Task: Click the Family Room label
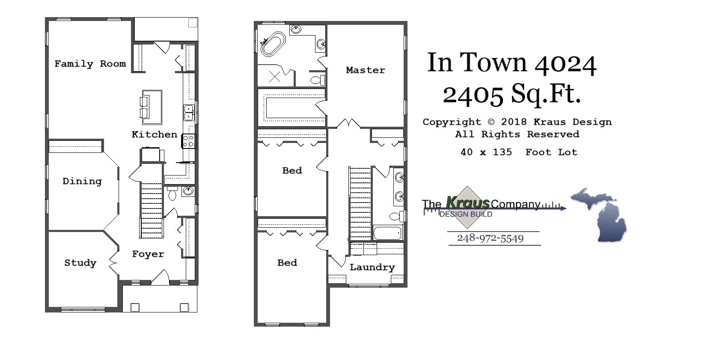(90, 64)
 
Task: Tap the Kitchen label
(154, 134)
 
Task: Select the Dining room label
(82, 181)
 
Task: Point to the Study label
(80, 262)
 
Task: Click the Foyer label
(148, 254)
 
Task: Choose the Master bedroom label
(365, 70)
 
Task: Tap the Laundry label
(372, 267)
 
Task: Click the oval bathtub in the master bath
(273, 44)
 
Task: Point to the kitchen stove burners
(189, 141)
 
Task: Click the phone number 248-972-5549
(490, 238)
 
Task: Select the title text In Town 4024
(512, 63)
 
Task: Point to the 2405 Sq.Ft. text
(512, 94)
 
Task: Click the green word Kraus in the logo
(467, 202)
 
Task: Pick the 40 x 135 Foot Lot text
(519, 152)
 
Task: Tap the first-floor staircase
(152, 210)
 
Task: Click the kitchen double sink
(189, 112)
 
